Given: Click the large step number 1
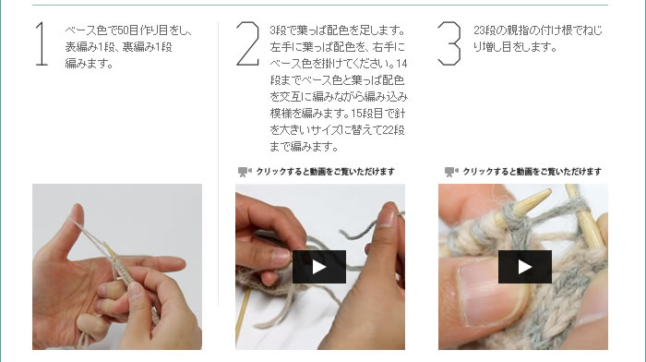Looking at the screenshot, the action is tap(42, 43).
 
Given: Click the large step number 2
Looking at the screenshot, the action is tap(247, 43).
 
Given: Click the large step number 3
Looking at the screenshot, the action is tap(449, 43).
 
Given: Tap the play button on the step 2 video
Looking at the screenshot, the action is tap(319, 267).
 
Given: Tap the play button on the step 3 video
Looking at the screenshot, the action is tap(525, 267).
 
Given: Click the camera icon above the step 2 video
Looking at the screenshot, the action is tap(245, 172).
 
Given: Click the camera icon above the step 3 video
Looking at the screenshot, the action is tap(451, 172).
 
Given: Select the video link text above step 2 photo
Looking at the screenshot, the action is tap(326, 172).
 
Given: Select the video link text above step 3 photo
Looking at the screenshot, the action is tap(532, 172).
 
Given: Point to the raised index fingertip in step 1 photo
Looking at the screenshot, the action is tap(78, 211).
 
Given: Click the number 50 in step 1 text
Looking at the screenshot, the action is tap(123, 30).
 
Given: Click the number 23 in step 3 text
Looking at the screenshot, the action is tap(479, 30).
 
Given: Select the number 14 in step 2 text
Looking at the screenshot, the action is tap(401, 64).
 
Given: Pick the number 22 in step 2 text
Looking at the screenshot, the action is tap(389, 130).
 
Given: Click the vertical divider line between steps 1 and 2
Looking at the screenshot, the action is tap(219, 164).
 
